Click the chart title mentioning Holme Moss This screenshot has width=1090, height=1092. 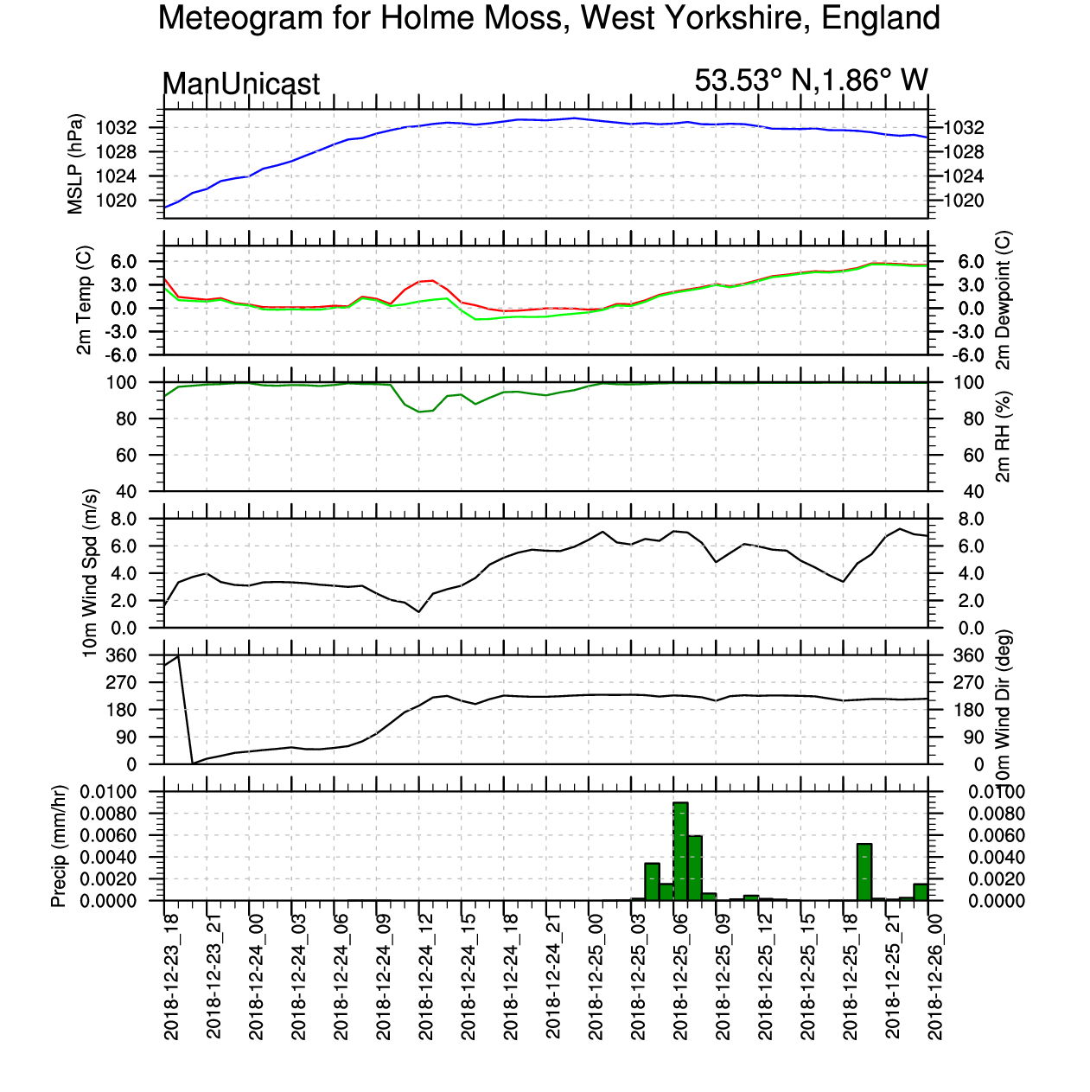coord(549,18)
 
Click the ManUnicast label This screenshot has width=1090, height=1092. coord(241,84)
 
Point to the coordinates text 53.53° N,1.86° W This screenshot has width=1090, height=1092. coord(811,80)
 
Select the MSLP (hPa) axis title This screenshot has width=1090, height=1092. coord(76,164)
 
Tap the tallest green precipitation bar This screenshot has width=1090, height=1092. coord(680,851)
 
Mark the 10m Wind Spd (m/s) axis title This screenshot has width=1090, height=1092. coord(89,572)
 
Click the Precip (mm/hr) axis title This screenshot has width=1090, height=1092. coord(59,846)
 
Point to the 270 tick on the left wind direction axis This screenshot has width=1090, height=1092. coord(144,683)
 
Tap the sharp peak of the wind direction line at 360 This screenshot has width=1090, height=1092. coord(178,656)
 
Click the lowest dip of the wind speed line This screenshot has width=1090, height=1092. coord(419,612)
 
